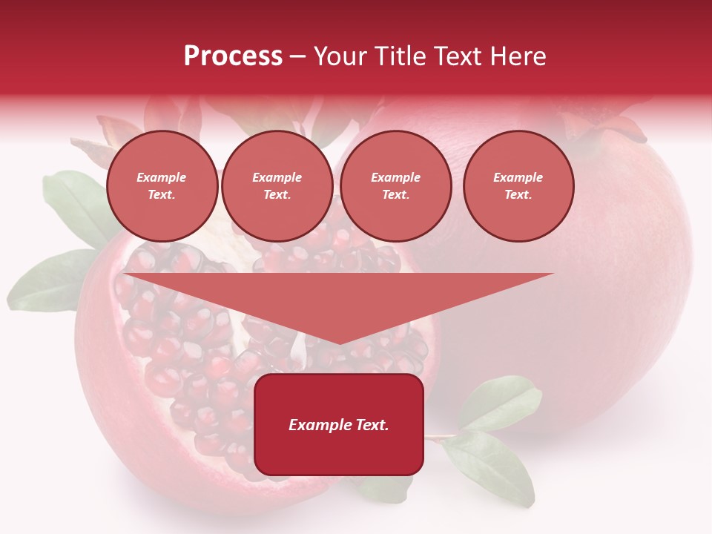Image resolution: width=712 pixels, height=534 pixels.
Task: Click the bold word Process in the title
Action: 233,56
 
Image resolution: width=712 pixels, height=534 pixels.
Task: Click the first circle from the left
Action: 162,186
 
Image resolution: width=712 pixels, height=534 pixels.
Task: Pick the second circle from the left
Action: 277,186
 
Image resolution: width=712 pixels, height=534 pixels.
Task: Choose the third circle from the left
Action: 395,186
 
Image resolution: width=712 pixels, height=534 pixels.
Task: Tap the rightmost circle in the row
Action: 518,186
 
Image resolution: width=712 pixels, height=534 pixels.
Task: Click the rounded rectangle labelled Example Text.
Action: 339,424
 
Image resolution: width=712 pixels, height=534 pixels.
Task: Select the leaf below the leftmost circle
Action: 78,204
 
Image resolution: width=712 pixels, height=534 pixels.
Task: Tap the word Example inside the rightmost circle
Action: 518,177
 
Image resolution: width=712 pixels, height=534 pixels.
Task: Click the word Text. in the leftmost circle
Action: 162,195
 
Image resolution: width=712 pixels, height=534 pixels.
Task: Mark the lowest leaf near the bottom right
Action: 493,467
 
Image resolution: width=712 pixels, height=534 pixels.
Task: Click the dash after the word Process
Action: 297,57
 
